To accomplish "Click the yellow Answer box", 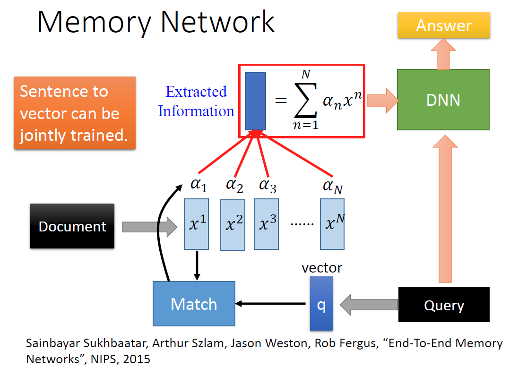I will (443, 26).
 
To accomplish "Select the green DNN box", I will (443, 100).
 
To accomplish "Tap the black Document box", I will (72, 226).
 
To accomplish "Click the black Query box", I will (443, 305).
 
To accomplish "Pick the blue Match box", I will (194, 304).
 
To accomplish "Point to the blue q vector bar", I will (321, 304).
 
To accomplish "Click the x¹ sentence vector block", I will (196, 224).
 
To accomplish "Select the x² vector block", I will (233, 225).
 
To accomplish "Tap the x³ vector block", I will (267, 224).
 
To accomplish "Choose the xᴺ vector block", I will (332, 224).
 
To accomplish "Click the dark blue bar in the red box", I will (255, 101).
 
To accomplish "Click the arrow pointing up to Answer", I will (443, 52).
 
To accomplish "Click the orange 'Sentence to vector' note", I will (75, 113).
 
